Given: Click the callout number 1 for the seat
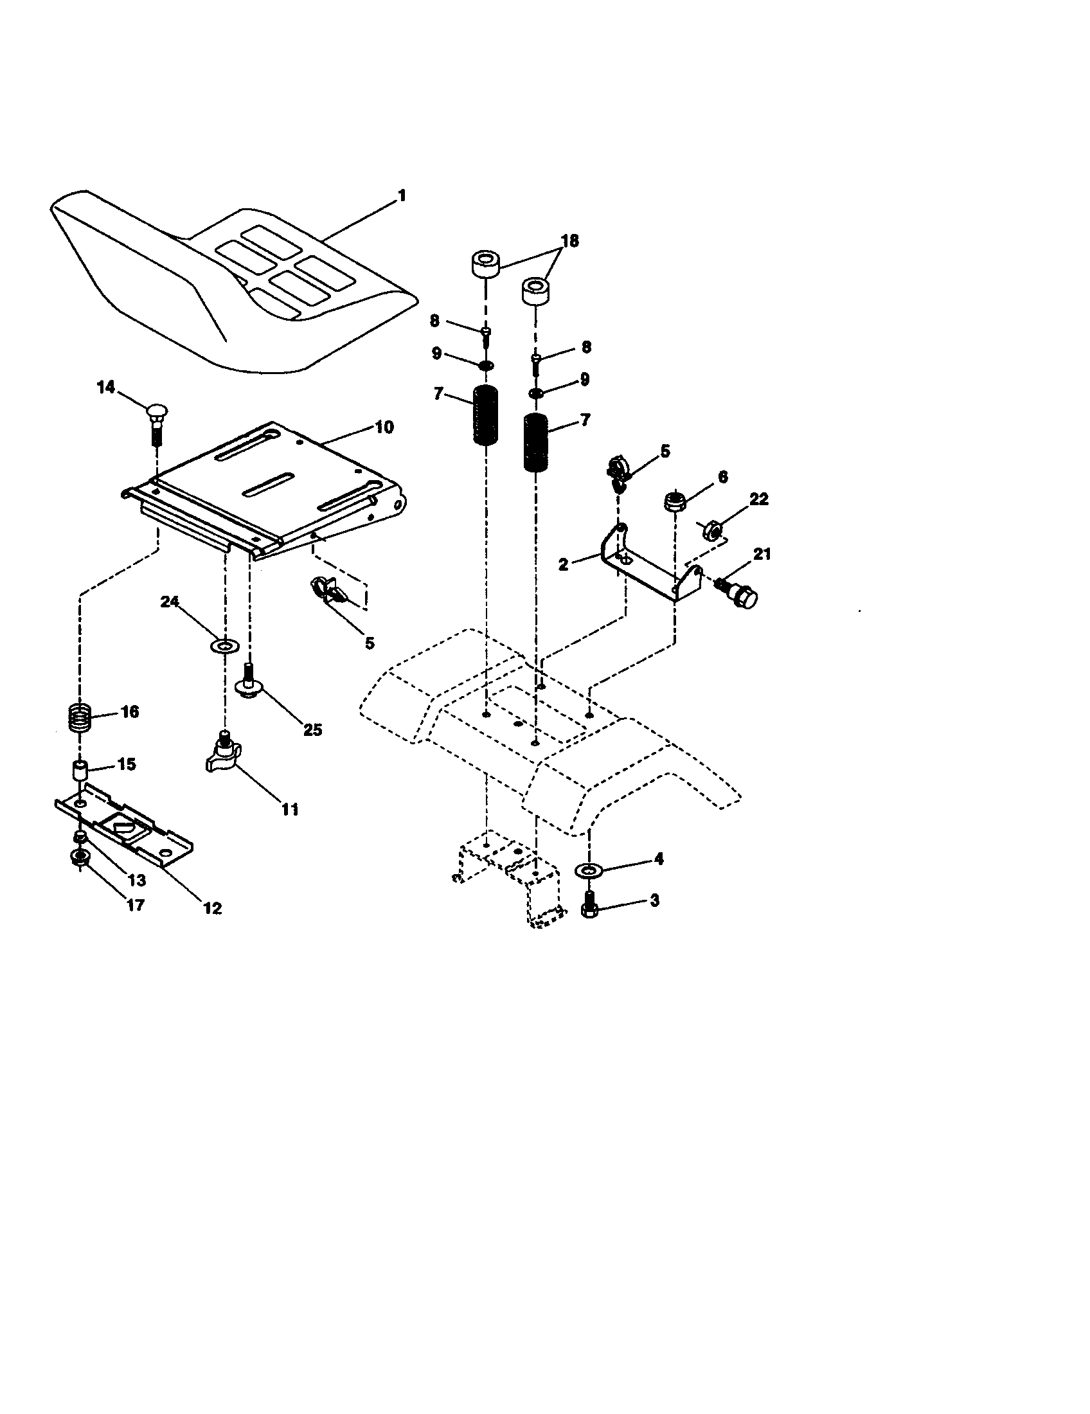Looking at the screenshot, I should tap(401, 195).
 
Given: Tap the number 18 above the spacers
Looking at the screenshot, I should tap(569, 241).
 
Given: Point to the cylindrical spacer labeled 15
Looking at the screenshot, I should tap(80, 773).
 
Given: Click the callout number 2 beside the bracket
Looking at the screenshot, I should tap(564, 564).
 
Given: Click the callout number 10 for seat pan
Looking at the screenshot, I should tap(384, 427).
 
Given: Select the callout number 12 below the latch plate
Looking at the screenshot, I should tap(212, 908).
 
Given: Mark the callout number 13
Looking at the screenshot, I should tap(137, 881).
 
